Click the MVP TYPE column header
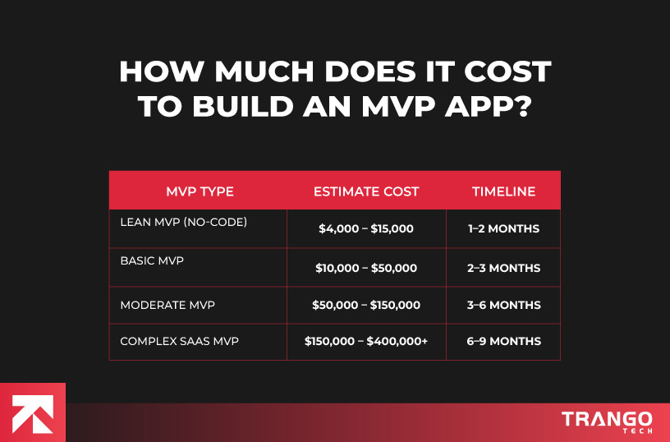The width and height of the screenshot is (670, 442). pos(200,191)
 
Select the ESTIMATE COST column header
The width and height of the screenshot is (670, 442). pos(366,191)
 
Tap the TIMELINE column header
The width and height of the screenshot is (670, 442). pos(503,191)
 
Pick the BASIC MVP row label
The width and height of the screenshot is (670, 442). pos(152,260)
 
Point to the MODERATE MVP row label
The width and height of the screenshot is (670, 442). pos(167,305)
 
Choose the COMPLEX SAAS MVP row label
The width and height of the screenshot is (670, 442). pos(180,341)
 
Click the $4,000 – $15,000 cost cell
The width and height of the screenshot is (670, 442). pos(366,229)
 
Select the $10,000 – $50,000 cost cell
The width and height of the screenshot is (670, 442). pos(366,268)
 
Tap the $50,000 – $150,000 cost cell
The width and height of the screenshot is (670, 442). pos(366,305)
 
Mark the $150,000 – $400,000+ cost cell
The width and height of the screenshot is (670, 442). pos(366,341)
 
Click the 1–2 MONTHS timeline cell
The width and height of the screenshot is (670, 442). pos(504,229)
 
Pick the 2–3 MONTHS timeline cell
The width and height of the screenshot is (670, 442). pos(504,268)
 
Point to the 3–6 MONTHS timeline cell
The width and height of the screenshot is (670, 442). pos(504,305)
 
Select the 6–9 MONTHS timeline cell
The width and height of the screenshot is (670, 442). pos(504,341)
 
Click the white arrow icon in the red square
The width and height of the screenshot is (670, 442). pos(33,412)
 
